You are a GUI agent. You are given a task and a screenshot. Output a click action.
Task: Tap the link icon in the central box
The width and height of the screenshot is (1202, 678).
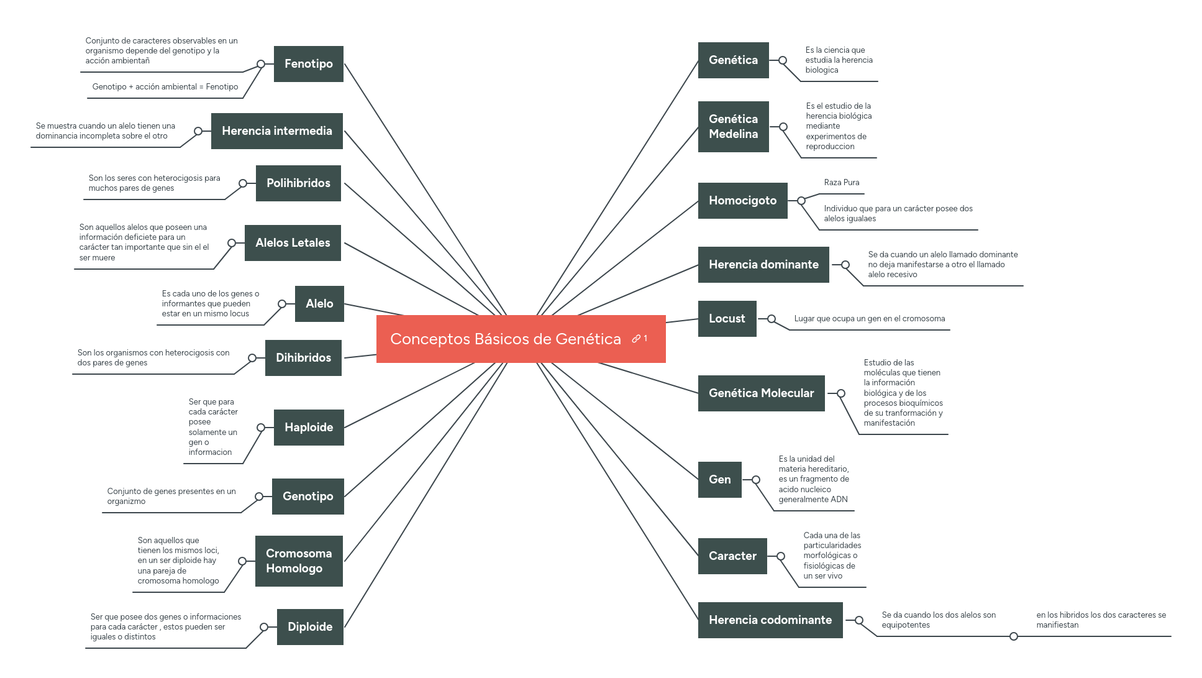click(x=636, y=339)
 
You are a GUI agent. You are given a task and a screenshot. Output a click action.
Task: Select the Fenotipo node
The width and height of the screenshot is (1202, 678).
click(x=308, y=64)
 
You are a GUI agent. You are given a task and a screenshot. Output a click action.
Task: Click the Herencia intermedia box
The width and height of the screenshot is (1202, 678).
click(x=276, y=131)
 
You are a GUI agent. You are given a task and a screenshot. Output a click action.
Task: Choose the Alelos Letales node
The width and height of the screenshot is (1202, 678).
click(x=293, y=243)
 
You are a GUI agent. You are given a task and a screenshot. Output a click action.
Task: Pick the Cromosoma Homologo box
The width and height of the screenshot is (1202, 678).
click(x=298, y=561)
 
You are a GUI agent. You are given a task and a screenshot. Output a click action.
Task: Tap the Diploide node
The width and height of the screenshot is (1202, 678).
click(x=309, y=627)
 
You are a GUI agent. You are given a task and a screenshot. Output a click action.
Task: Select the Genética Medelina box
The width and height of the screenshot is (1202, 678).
click(x=733, y=127)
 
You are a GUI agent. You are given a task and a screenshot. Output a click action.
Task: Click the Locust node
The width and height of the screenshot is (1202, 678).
click(x=727, y=319)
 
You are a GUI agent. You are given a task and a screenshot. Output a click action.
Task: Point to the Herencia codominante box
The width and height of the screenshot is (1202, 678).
click(x=770, y=620)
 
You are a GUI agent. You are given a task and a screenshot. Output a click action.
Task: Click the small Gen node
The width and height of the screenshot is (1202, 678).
click(x=719, y=480)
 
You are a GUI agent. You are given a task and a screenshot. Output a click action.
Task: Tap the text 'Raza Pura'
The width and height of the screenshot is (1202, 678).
click(x=841, y=183)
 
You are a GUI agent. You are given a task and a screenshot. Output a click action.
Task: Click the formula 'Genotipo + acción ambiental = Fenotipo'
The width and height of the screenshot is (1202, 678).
click(x=165, y=87)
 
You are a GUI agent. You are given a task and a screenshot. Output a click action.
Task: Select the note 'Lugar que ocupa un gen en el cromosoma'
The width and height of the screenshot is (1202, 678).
click(x=869, y=319)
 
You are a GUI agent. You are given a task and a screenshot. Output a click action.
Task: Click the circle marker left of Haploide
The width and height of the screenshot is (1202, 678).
click(x=261, y=428)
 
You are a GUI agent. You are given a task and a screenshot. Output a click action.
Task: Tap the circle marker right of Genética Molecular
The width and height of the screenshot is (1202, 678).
click(x=840, y=393)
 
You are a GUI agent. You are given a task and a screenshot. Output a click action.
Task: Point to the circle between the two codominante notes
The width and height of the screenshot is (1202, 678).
click(x=1013, y=636)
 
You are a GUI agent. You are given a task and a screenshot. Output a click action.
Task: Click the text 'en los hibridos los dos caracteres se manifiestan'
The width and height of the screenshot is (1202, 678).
click(x=1100, y=620)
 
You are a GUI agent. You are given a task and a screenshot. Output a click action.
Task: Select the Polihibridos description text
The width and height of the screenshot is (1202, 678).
click(x=154, y=183)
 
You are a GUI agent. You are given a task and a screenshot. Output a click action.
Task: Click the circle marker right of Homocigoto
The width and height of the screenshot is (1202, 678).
click(x=801, y=201)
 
